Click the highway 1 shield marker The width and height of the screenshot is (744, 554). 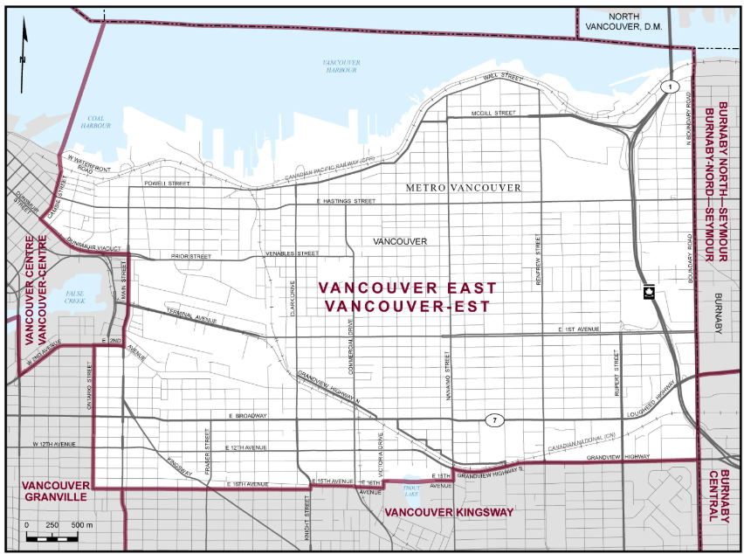click(x=670, y=87)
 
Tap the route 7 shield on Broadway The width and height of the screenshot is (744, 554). click(x=494, y=420)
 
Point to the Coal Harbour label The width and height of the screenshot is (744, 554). click(x=98, y=121)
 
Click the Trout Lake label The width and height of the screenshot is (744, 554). click(x=411, y=490)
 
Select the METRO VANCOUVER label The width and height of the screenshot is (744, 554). click(x=463, y=188)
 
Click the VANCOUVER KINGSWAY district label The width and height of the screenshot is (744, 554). click(x=449, y=512)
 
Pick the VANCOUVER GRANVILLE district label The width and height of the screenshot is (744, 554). click(x=54, y=490)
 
